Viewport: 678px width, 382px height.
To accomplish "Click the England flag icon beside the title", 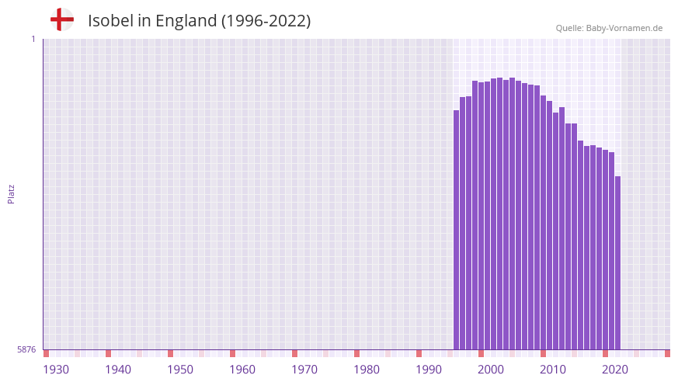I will click(62, 19).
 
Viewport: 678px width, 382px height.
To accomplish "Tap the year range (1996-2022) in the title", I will click(266, 21).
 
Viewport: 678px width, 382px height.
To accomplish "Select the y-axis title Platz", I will click(11, 193).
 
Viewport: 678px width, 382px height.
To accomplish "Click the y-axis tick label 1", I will click(33, 39).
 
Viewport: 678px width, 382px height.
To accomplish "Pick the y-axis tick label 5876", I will click(26, 349).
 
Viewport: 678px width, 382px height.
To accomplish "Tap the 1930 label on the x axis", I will click(56, 370).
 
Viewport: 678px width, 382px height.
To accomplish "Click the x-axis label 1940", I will click(118, 370).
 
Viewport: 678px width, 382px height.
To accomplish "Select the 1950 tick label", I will click(180, 370).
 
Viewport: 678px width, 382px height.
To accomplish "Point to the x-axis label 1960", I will click(242, 370).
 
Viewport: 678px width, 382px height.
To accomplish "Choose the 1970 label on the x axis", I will click(304, 370).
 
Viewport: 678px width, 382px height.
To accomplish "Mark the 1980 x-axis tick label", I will click(367, 370).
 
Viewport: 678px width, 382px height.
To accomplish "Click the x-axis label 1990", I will click(429, 370).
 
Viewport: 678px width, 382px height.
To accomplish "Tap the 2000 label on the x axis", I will click(491, 370).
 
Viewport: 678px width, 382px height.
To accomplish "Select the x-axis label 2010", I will click(553, 370).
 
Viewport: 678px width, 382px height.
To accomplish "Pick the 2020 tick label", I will click(615, 370).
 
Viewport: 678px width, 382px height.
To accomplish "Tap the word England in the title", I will click(186, 21).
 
